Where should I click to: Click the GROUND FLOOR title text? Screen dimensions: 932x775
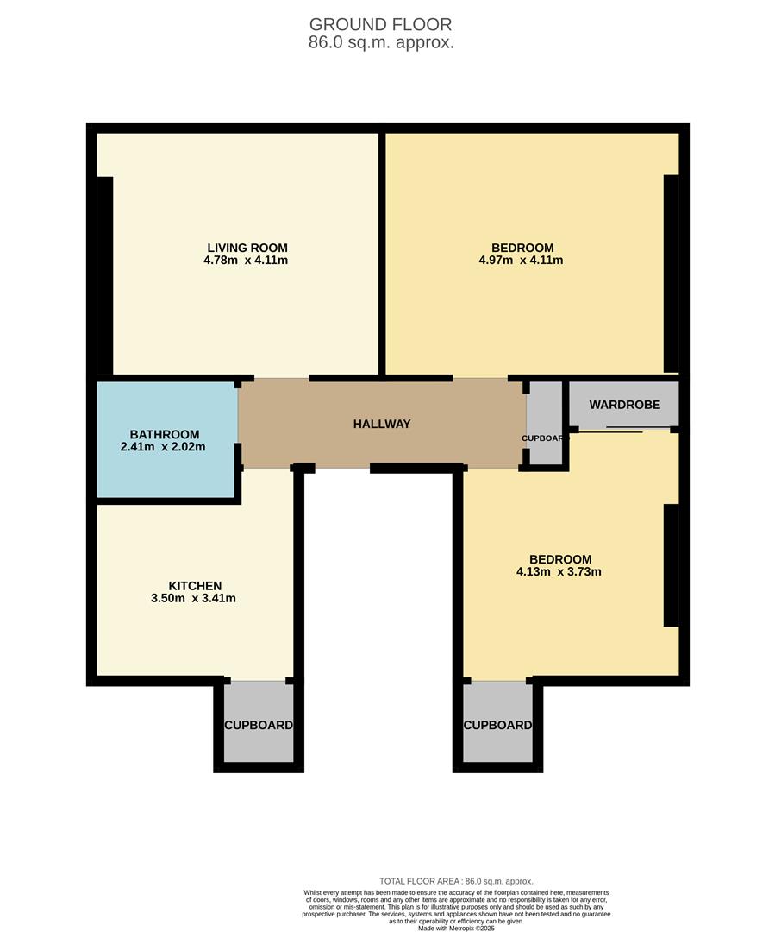pyautogui.click(x=380, y=24)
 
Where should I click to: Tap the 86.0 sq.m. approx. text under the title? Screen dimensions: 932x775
pyautogui.click(x=380, y=42)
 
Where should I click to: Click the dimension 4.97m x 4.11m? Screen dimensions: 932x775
pyautogui.click(x=521, y=260)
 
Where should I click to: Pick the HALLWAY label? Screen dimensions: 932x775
pyautogui.click(x=382, y=424)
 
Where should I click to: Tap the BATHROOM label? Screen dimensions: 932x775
pyautogui.click(x=165, y=435)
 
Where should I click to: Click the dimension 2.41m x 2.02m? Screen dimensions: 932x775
pyautogui.click(x=165, y=447)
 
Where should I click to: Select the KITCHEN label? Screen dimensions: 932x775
pyautogui.click(x=195, y=586)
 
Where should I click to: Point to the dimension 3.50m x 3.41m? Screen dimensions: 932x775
pyautogui.click(x=195, y=598)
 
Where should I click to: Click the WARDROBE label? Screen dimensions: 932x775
pyautogui.click(x=624, y=405)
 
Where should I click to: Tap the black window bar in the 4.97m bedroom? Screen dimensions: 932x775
pyautogui.click(x=671, y=273)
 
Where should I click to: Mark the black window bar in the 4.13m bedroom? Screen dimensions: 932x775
pyautogui.click(x=671, y=565)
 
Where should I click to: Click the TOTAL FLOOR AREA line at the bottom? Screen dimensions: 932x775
pyautogui.click(x=456, y=881)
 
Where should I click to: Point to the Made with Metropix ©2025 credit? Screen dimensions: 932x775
pyautogui.click(x=456, y=928)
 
